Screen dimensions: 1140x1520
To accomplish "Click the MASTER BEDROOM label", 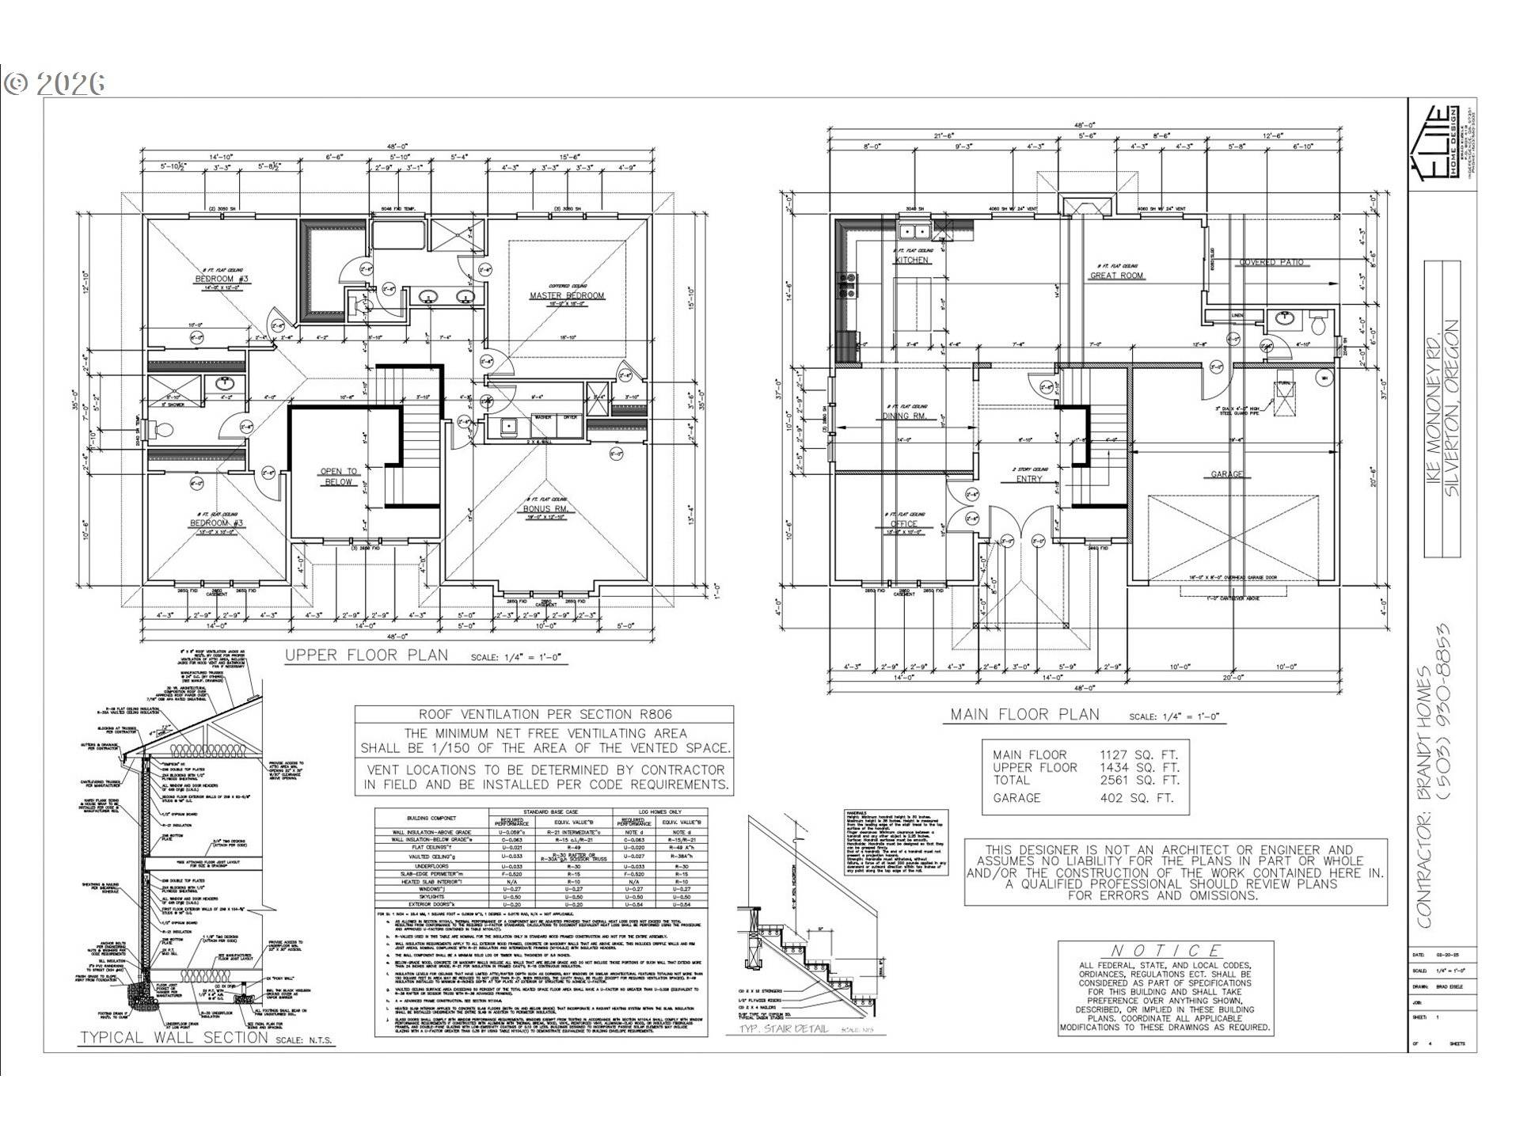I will click(x=567, y=296).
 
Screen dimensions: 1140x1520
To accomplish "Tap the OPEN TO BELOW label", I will click(x=338, y=476).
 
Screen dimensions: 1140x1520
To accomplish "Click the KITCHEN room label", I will click(x=912, y=260).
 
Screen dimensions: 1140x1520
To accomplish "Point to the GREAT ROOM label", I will click(x=1116, y=275).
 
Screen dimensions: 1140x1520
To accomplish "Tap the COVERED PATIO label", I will click(x=1270, y=262).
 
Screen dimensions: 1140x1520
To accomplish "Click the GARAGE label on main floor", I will click(x=1226, y=474).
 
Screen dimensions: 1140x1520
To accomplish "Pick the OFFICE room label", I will click(x=903, y=523).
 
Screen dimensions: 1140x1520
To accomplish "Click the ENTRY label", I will click(x=1029, y=479).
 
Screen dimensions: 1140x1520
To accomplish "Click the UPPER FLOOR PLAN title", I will click(x=367, y=655).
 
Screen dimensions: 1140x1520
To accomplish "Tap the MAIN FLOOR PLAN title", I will click(x=1025, y=715).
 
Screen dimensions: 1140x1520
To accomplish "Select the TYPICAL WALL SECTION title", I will click(x=174, y=1037).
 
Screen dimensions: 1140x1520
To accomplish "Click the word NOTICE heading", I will click(x=1165, y=951).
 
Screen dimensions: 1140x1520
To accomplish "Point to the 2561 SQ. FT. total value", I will click(x=1138, y=780).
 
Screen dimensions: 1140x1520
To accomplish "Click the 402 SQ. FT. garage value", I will click(x=1138, y=798).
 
